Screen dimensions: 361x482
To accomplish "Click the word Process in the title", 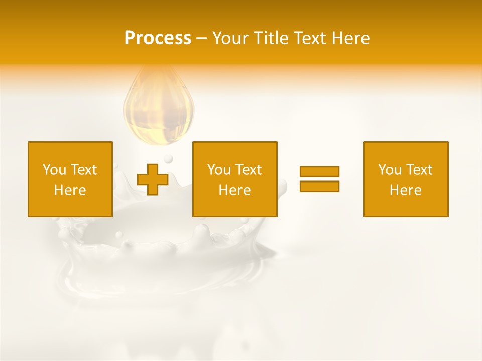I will point(158,38).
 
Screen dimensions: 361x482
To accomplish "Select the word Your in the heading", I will point(229,38).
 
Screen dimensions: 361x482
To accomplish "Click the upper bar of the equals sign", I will point(319,171).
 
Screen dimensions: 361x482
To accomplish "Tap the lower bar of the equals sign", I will point(319,186).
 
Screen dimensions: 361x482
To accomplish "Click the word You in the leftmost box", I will point(54,170).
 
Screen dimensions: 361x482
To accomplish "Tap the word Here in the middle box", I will point(235,190).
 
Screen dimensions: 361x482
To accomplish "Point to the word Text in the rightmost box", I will point(419,170).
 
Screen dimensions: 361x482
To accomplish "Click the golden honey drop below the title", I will point(159,108).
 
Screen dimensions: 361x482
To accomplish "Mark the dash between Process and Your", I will point(202,38).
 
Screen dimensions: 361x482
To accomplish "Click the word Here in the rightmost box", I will point(406,190).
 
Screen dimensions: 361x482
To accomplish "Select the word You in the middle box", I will point(219,170).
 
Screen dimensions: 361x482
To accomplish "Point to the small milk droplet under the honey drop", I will point(168,159).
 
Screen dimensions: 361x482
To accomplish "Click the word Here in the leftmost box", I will point(70,190).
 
